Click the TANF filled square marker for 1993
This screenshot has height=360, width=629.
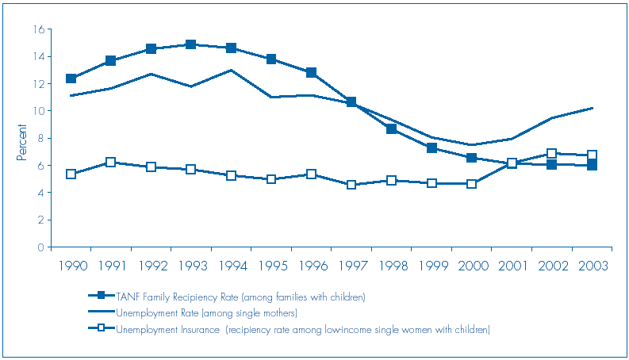(191, 44)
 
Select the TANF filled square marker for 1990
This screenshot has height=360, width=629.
(71, 79)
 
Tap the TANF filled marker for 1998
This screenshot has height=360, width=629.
(391, 128)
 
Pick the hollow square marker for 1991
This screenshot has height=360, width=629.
(111, 162)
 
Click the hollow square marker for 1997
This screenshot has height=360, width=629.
(351, 185)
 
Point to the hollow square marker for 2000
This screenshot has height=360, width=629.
(471, 184)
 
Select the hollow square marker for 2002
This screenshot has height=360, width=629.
(551, 153)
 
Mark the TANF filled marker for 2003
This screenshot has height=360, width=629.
(592, 165)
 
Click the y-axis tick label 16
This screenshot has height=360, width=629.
(37, 29)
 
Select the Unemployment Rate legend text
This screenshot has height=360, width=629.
(206, 312)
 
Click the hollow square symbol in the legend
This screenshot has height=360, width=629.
(100, 329)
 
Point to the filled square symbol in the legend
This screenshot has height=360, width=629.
(100, 297)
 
